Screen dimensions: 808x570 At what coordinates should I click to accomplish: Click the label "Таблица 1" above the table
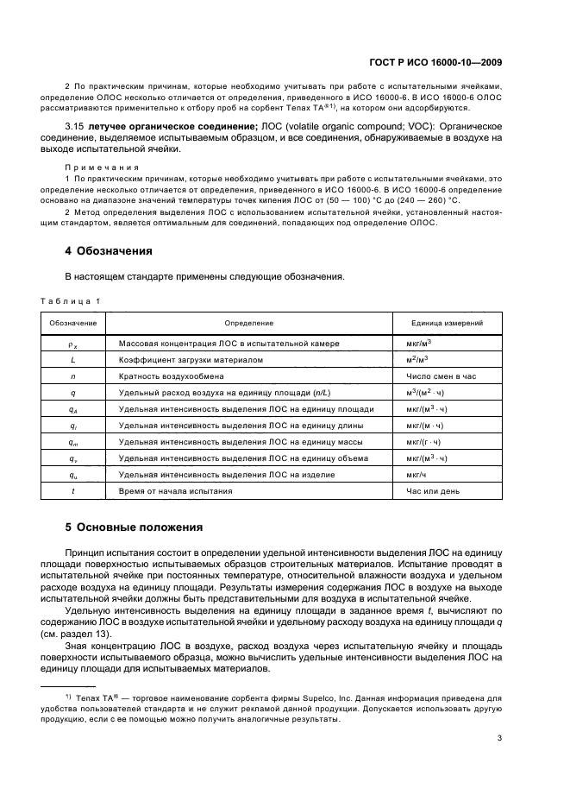click(71, 300)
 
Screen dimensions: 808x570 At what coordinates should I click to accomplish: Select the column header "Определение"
click(249, 323)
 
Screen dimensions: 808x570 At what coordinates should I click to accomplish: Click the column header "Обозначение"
click(73, 323)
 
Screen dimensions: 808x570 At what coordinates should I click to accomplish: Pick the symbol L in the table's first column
click(73, 359)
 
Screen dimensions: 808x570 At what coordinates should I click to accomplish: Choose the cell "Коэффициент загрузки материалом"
click(191, 359)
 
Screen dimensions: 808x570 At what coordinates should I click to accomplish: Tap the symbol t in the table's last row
click(73, 490)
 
